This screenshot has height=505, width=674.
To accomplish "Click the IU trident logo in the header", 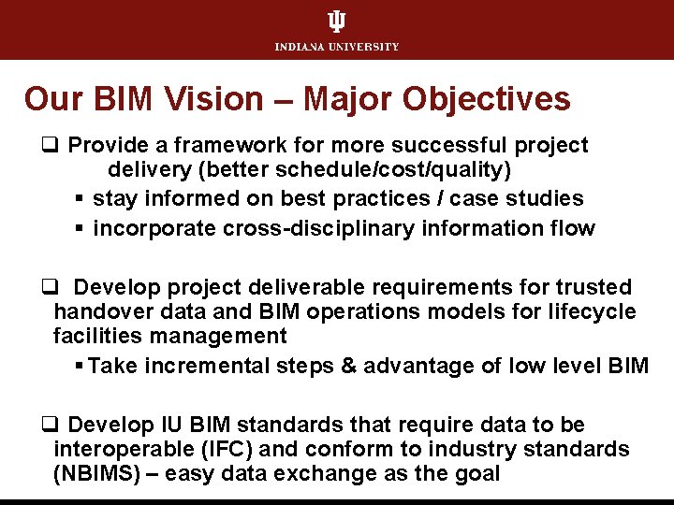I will pyautogui.click(x=336, y=22).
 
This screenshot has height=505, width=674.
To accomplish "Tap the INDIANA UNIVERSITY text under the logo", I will pyautogui.click(x=337, y=47).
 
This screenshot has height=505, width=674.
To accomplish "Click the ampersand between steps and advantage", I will pyautogui.click(x=348, y=366).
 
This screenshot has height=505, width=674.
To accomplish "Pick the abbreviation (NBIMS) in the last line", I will pyautogui.click(x=105, y=474).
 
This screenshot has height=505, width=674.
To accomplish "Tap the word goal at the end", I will pyautogui.click(x=477, y=474).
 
